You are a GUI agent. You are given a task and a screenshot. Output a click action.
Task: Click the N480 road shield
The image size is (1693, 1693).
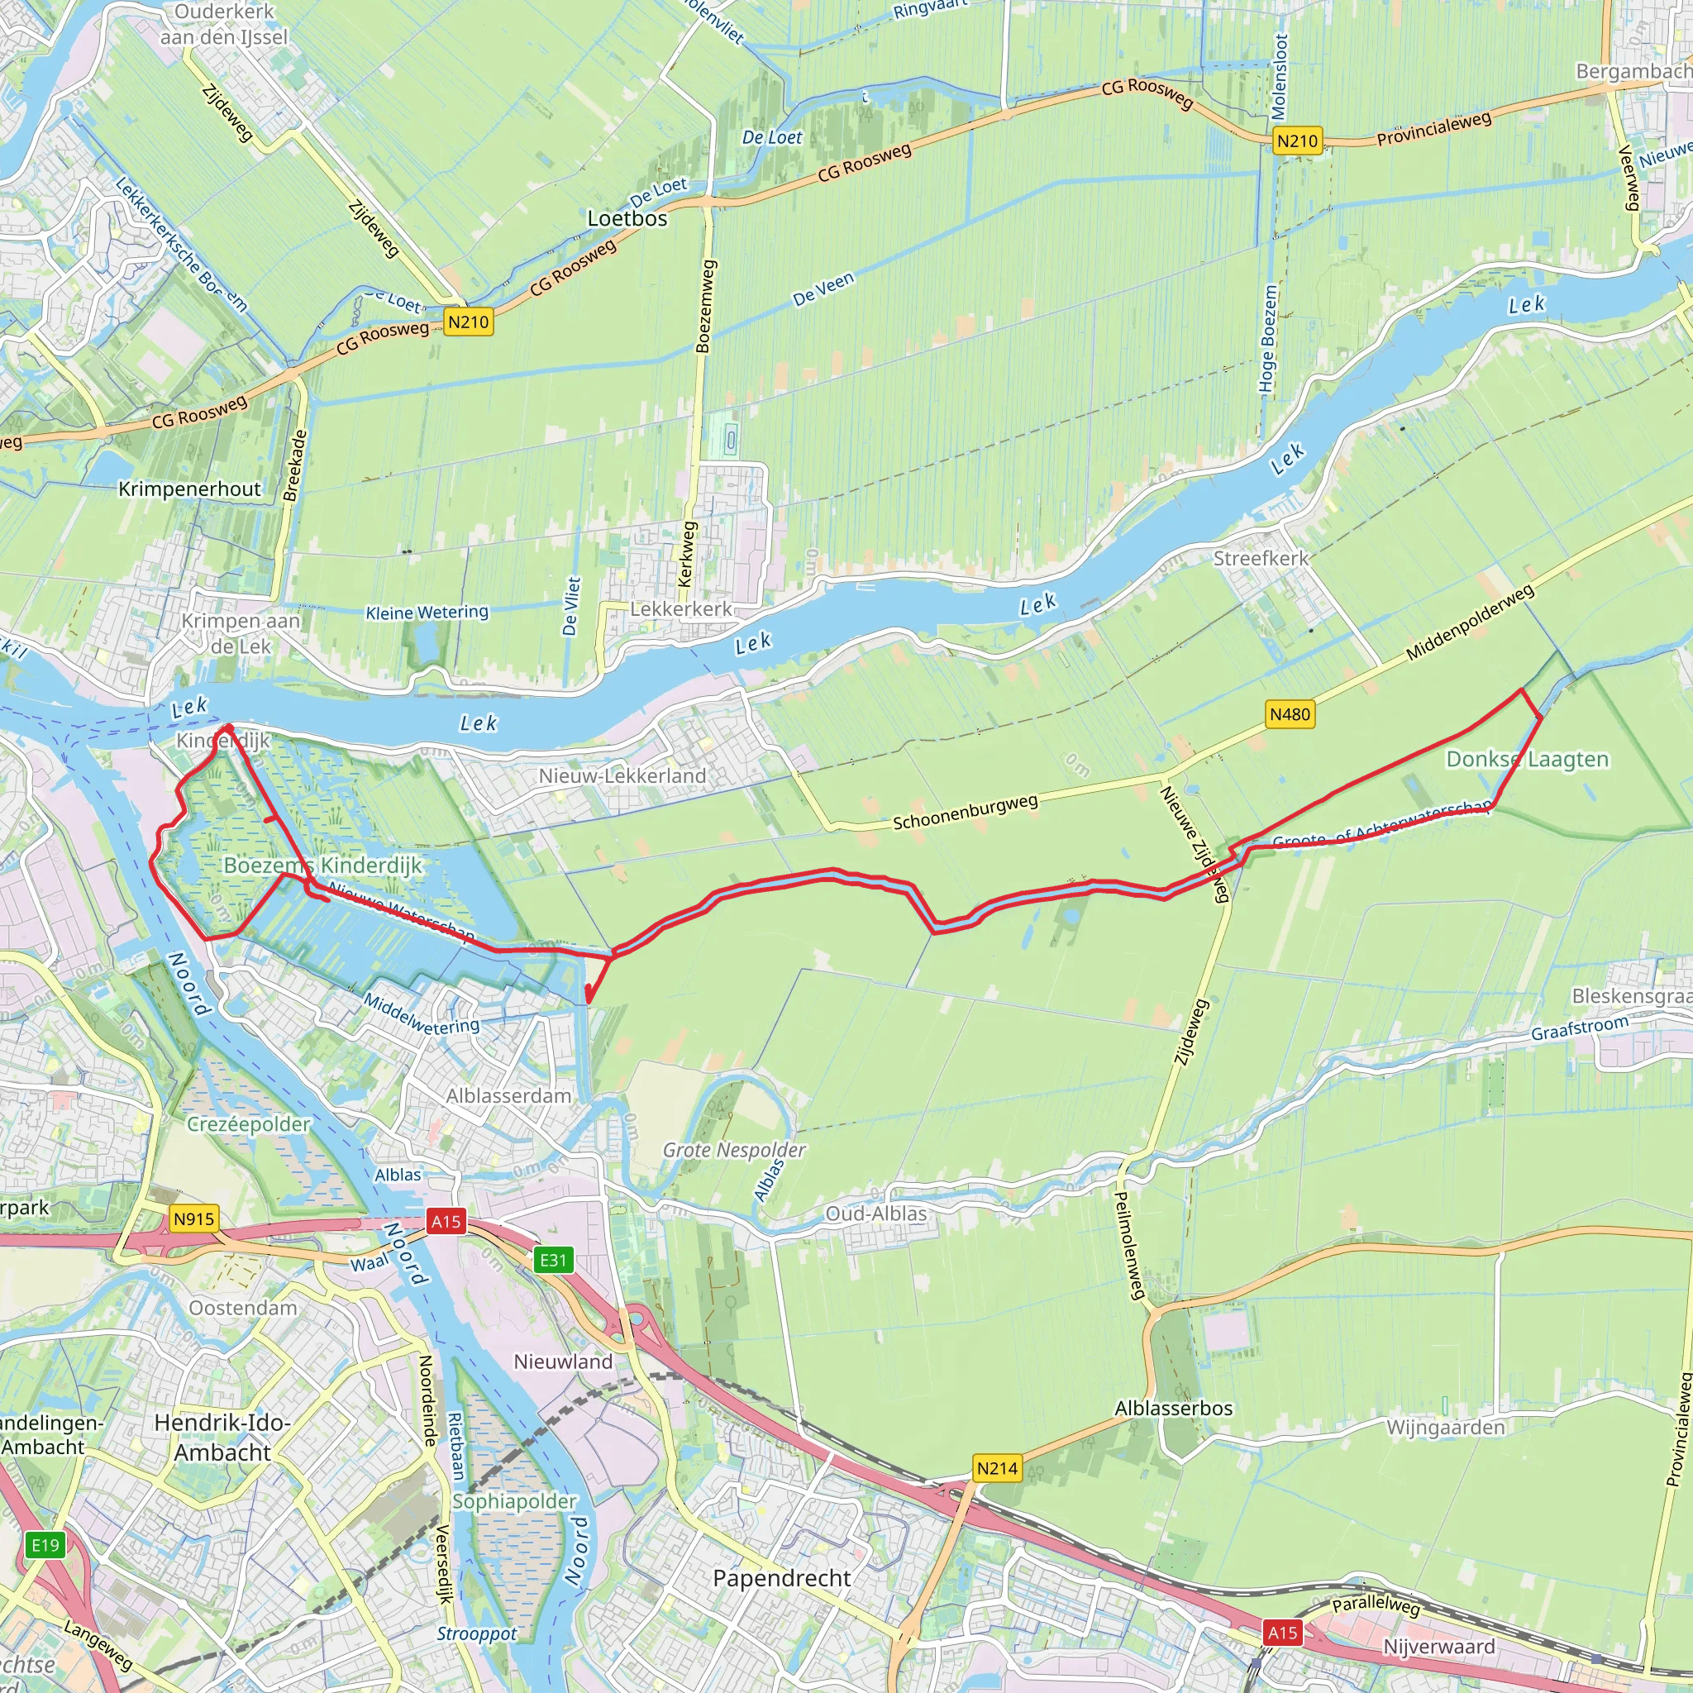click(x=1290, y=714)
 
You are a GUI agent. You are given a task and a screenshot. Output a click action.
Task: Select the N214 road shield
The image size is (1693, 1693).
click(x=997, y=1468)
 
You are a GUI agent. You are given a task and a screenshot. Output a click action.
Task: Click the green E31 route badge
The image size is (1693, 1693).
click(x=553, y=1260)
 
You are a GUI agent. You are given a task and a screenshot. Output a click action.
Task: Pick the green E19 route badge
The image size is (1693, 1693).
click(x=45, y=1545)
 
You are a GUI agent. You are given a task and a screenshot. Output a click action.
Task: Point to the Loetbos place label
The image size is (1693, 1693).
click(x=627, y=218)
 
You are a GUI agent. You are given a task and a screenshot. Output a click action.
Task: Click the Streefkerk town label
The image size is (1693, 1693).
click(x=1260, y=558)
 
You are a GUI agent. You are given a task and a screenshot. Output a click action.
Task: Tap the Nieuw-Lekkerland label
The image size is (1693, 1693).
click(x=622, y=775)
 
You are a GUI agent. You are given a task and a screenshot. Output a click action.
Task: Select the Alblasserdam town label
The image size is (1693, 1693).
click(x=508, y=1095)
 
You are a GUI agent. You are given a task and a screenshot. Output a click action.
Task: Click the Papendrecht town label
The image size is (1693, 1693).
click(x=782, y=1578)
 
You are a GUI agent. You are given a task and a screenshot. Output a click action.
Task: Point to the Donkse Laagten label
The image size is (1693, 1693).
click(x=1528, y=759)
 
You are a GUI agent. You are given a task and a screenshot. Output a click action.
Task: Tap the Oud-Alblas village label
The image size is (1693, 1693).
click(x=875, y=1214)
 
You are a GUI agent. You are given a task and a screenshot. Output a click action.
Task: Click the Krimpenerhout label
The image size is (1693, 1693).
click(x=189, y=489)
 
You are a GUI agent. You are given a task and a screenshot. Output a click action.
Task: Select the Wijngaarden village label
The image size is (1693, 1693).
click(x=1445, y=1428)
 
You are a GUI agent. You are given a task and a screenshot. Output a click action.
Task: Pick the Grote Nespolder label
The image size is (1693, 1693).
click(x=733, y=1150)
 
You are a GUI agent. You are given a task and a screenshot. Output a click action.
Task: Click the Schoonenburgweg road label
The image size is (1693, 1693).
click(x=965, y=812)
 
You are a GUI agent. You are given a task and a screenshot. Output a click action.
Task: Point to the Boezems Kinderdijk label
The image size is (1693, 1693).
click(x=322, y=865)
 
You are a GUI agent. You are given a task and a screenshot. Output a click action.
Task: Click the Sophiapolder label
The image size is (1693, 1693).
click(x=514, y=1501)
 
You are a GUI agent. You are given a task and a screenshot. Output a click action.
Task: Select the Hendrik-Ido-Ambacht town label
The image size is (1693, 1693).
click(x=222, y=1437)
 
